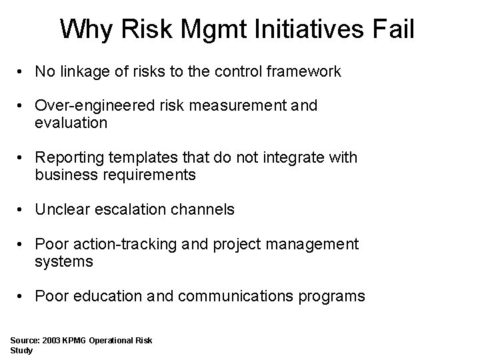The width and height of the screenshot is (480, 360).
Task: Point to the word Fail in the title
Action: point(393,30)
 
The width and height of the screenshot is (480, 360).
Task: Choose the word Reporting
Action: point(69,158)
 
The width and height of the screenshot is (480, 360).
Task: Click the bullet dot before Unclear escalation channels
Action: point(22,210)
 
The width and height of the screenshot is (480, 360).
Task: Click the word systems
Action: point(64,262)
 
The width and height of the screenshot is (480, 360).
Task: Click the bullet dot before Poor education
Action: point(22,297)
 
